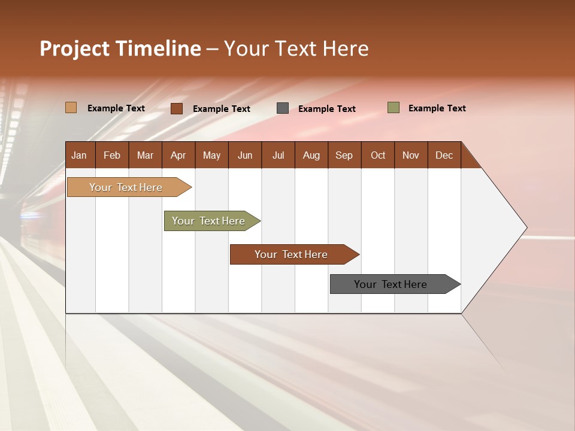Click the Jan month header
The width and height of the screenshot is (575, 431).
pyautogui.click(x=80, y=155)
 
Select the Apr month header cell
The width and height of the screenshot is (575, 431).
pyautogui.click(x=178, y=155)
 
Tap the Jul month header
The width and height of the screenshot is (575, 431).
pyautogui.click(x=279, y=155)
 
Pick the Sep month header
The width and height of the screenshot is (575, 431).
pyautogui.click(x=344, y=155)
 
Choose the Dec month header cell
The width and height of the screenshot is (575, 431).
pyautogui.click(x=444, y=155)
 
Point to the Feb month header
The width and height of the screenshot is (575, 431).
pyautogui.click(x=112, y=155)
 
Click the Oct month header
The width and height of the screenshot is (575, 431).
pyautogui.click(x=378, y=155)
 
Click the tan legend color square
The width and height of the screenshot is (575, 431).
pyautogui.click(x=71, y=108)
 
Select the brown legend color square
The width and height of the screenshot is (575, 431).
pyautogui.click(x=177, y=108)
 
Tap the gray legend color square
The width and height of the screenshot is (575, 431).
pyautogui.click(x=283, y=108)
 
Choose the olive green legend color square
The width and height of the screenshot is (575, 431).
pyautogui.click(x=394, y=108)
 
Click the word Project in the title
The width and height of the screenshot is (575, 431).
pyautogui.click(x=74, y=48)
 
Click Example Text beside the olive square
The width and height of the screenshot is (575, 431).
pyautogui.click(x=437, y=108)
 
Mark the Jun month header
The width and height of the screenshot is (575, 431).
pyautogui.click(x=245, y=155)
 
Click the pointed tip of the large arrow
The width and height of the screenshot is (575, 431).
pyautogui.click(x=525, y=227)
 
